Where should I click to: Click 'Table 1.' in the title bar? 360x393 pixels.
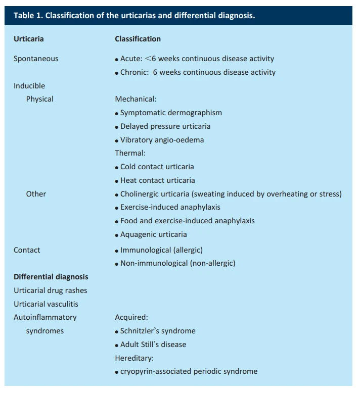tap(28, 15)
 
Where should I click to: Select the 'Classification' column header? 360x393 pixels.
tap(138, 39)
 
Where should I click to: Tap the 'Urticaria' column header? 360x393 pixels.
tap(28, 39)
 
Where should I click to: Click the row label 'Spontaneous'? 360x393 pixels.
tap(36, 59)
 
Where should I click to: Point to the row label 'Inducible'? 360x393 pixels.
tap(29, 86)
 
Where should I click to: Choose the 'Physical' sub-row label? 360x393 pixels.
tap(39, 99)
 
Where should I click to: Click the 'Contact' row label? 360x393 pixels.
tap(27, 250)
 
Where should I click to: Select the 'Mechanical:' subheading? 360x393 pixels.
tap(136, 99)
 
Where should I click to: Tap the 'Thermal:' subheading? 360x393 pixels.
tap(130, 153)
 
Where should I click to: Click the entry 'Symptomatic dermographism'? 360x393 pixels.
tap(171, 113)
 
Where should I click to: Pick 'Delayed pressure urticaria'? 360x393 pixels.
tap(165, 126)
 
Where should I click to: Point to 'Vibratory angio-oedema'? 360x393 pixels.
tap(162, 140)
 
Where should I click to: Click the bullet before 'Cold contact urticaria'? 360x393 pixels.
tap(117, 168)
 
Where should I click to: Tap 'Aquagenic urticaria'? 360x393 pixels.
tap(153, 234)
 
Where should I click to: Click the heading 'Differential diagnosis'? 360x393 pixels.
tap(51, 277)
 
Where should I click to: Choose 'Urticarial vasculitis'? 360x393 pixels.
tap(46, 304)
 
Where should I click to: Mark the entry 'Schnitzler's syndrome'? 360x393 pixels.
tap(158, 331)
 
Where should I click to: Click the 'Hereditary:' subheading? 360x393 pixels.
tap(134, 358)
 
